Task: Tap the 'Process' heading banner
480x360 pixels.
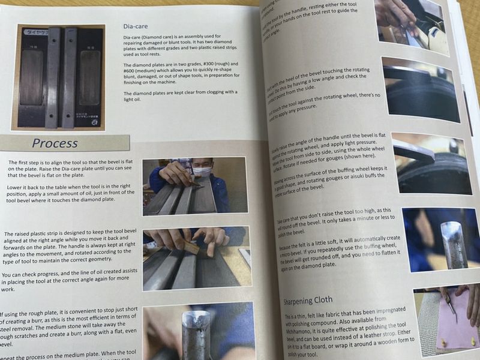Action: (55, 143)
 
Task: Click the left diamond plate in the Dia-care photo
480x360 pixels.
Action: (32, 77)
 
